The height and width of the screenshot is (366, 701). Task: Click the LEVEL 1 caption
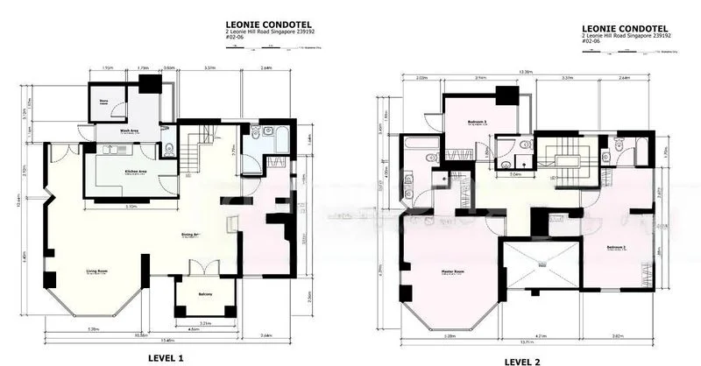[x=164, y=357]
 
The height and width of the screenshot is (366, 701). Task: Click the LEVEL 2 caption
[x=529, y=361]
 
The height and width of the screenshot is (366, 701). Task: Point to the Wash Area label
[x=130, y=130]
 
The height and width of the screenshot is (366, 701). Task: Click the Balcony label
[x=205, y=295]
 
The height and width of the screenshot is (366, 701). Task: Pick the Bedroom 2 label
[x=618, y=247]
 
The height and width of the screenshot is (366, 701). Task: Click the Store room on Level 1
[x=103, y=102]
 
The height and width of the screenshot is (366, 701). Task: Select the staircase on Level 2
[x=558, y=158]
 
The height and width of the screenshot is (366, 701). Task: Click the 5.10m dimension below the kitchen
[x=130, y=207]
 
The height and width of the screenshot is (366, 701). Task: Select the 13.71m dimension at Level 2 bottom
[x=526, y=343]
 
